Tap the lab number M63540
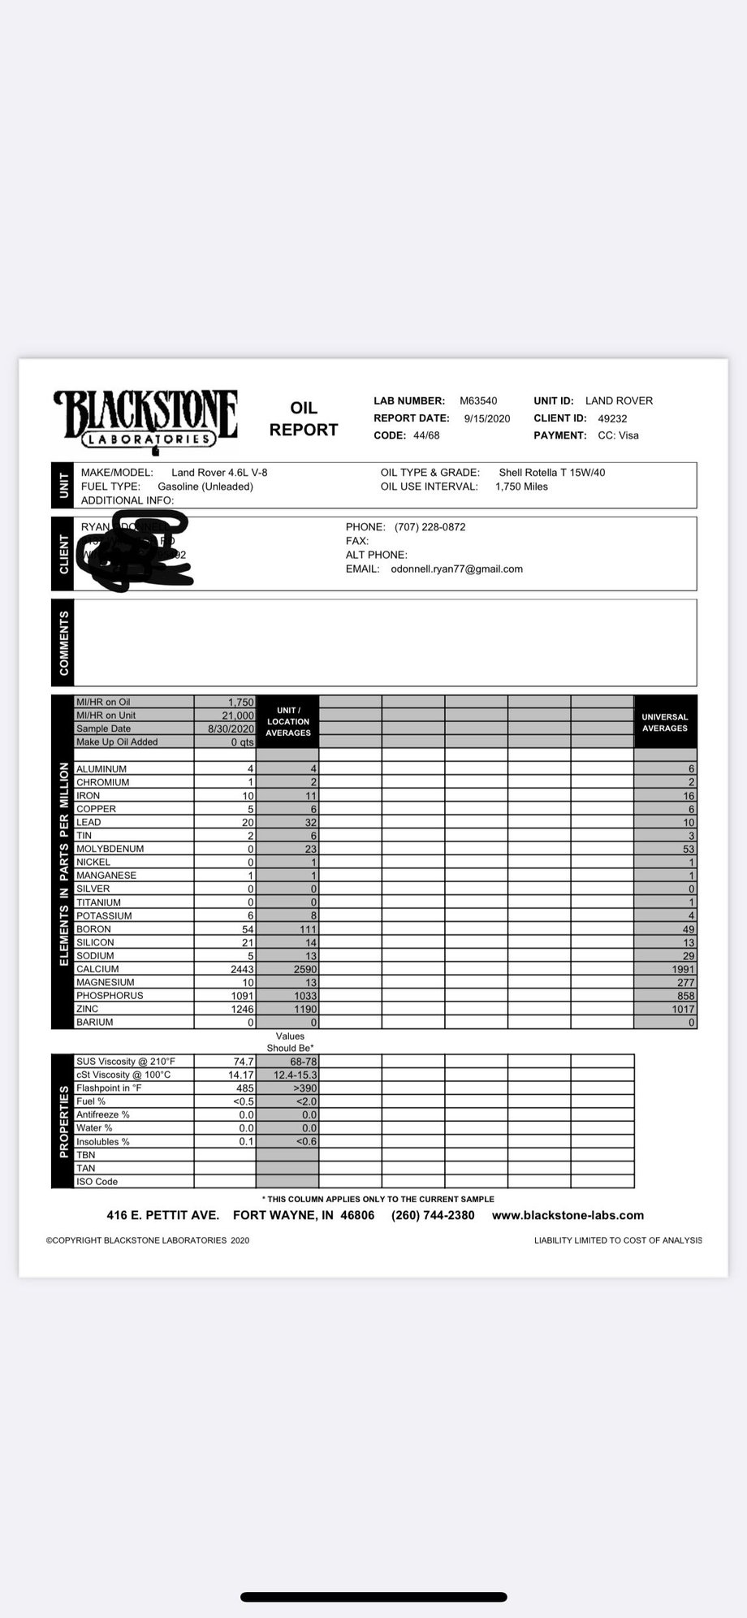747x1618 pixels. click(x=478, y=401)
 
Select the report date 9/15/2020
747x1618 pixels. click(x=487, y=419)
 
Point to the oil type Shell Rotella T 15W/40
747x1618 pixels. click(x=551, y=473)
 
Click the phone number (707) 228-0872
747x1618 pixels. click(x=430, y=527)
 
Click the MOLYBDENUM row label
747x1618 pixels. click(x=110, y=849)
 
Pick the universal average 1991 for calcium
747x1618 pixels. click(x=682, y=969)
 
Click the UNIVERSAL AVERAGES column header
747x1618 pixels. click(x=664, y=722)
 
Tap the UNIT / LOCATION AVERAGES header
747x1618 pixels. click(x=288, y=721)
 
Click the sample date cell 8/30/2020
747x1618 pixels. click(x=231, y=729)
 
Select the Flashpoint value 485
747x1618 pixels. click(x=244, y=1088)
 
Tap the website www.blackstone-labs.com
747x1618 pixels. click(x=568, y=1215)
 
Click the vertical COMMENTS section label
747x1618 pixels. click(x=63, y=642)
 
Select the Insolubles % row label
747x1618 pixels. click(x=103, y=1142)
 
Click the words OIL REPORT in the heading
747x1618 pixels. click(x=303, y=419)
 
